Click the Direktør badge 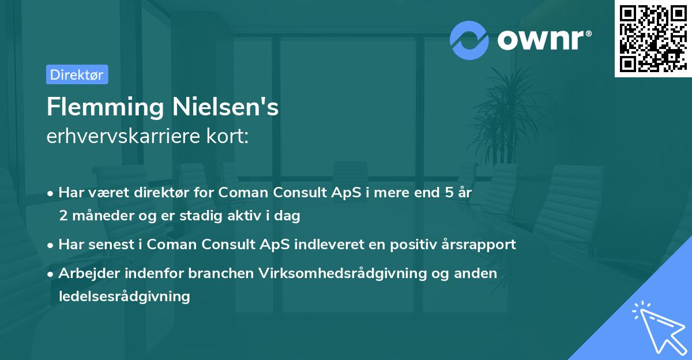77,74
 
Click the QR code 652,39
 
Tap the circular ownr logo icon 469,40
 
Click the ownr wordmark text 543,40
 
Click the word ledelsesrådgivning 124,296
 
